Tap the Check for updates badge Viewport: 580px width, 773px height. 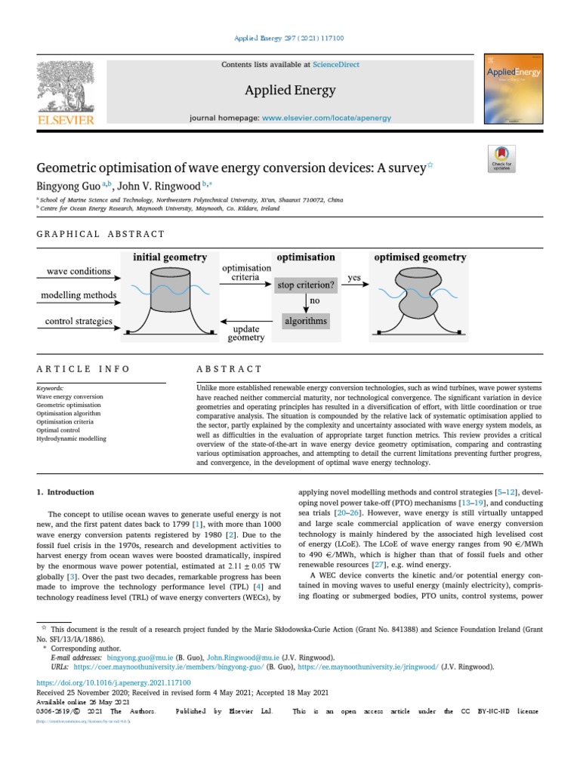tap(501, 158)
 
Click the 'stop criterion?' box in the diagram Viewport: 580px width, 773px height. tap(305, 285)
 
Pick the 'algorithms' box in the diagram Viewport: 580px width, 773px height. tap(306, 321)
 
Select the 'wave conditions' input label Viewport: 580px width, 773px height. tap(79, 271)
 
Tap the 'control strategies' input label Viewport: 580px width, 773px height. tap(79, 321)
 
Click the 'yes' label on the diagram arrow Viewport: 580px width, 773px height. tap(353, 278)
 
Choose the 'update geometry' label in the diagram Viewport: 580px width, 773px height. tap(246, 332)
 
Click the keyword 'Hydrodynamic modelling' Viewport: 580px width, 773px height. tap(71, 439)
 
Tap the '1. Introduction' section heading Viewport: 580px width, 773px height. tap(66, 492)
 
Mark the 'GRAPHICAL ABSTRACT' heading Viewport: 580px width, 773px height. tap(100, 235)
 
